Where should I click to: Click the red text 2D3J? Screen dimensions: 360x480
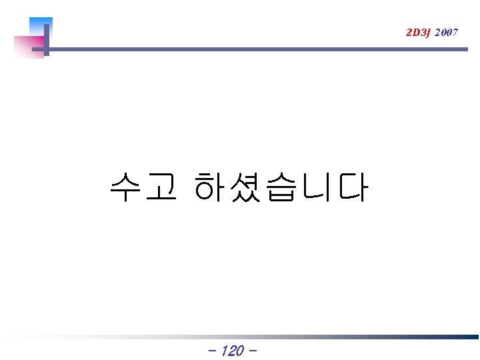tap(418, 32)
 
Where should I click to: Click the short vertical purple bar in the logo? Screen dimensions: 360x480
tap(47, 40)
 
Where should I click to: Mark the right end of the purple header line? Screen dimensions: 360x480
tap(457, 49)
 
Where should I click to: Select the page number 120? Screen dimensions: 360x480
tap(231, 351)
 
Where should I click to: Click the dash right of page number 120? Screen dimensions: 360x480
tap(253, 351)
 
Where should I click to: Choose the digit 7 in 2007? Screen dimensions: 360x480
tap(455, 32)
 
